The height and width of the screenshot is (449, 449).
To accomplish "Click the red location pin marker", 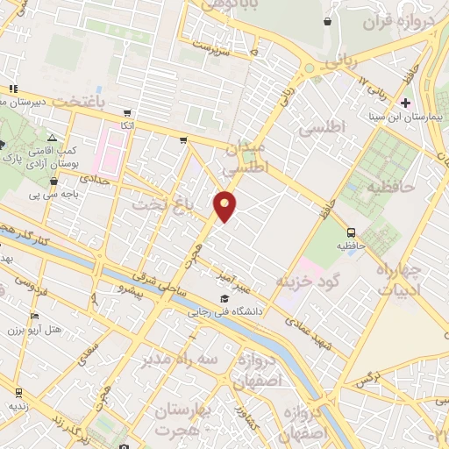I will [x=225, y=206].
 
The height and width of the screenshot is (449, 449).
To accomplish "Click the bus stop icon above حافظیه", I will [x=351, y=232].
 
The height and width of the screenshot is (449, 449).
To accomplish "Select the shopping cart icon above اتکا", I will [x=128, y=113].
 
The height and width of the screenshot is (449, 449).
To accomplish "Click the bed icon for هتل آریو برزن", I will [x=34, y=317].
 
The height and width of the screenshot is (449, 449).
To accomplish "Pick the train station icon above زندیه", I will [x=18, y=392].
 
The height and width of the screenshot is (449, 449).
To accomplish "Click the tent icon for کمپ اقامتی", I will [x=52, y=139].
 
